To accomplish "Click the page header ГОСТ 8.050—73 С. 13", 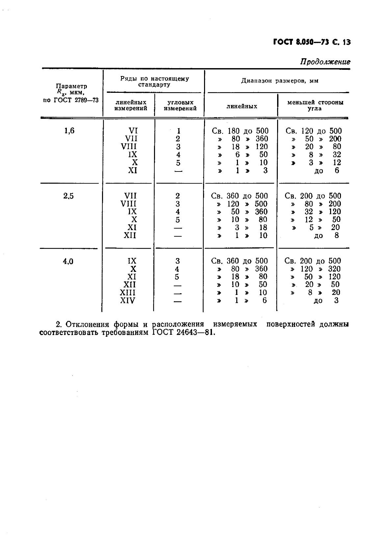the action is (311, 42).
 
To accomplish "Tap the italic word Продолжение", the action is (325, 62).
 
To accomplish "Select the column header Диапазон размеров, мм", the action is (279, 81).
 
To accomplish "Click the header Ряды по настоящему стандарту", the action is (154, 82).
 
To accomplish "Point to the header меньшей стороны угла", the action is (315, 105).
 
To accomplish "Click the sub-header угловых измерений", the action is (180, 105).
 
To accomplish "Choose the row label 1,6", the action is (69, 131).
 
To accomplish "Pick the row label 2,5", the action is (68, 196).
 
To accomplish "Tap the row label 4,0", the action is (68, 262).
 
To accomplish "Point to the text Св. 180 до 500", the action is (240, 131).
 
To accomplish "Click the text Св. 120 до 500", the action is (314, 131).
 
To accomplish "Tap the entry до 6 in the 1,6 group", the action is (326, 171).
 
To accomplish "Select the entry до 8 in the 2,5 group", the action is (326, 236).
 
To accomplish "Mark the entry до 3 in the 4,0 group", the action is (326, 301).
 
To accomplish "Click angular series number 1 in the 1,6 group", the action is (178, 131).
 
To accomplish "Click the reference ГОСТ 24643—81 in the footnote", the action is (183, 332).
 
